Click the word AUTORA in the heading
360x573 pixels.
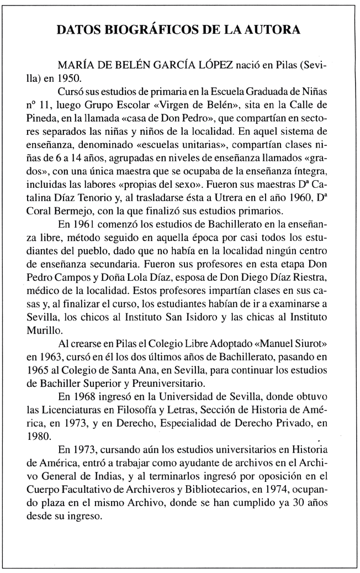pyautogui.click(x=273, y=30)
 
